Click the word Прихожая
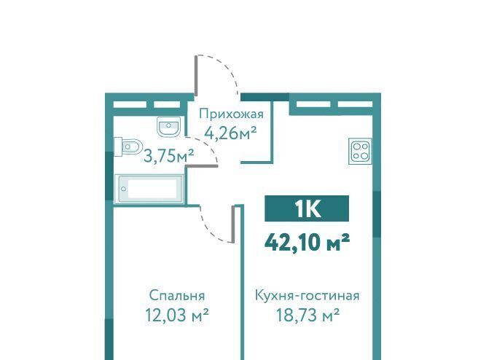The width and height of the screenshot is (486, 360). click(x=231, y=114)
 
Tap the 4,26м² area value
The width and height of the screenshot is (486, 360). click(x=230, y=134)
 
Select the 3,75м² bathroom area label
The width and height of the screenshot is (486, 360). click(x=169, y=156)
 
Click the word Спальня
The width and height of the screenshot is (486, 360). click(x=176, y=295)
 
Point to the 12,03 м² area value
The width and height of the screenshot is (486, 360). click(x=176, y=316)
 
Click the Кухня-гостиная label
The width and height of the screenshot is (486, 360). click(x=307, y=295)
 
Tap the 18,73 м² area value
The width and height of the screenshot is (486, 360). click(x=307, y=316)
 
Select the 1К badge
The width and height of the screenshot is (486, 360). click(x=307, y=208)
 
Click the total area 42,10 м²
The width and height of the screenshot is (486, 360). click(x=307, y=242)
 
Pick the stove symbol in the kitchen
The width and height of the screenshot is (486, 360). click(x=360, y=151)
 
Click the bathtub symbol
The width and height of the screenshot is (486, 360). click(x=149, y=189)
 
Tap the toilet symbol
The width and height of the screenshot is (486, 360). click(x=129, y=146)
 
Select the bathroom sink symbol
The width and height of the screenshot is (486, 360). click(x=168, y=126)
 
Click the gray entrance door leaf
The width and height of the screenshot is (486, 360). click(x=196, y=75)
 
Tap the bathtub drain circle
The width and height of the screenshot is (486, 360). click(x=124, y=189)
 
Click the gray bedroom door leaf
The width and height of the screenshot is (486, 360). click(x=233, y=224)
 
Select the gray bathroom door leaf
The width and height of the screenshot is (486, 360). click(x=202, y=166)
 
